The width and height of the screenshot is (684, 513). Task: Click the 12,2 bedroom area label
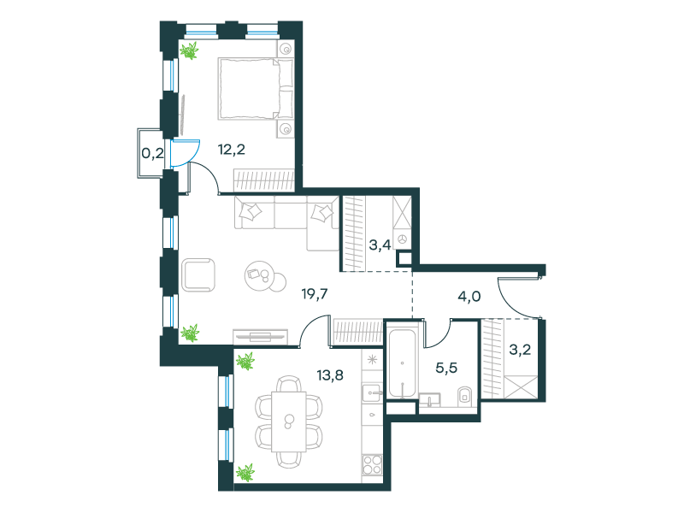[231, 150]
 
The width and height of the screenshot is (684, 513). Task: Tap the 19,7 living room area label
[315, 294]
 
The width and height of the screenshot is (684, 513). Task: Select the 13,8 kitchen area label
[330, 374]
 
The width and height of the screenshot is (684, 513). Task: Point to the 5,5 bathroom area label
[446, 368]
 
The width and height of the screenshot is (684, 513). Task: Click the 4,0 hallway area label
[469, 297]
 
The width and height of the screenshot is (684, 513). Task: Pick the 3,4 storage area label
[380, 245]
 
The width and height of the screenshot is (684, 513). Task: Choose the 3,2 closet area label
[520, 350]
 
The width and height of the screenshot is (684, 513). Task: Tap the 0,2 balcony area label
[153, 153]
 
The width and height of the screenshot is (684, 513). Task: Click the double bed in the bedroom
[256, 89]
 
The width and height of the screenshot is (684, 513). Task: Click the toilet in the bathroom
[463, 396]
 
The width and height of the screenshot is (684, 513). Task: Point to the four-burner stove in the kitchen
[372, 464]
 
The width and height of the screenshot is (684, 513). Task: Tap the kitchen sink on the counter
[372, 392]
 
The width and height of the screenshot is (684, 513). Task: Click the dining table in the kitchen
[288, 422]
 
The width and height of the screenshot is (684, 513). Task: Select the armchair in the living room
[198, 274]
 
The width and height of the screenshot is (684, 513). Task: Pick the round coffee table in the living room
[261, 276]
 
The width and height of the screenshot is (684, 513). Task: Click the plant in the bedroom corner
[189, 50]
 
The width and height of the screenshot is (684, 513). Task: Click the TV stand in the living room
[261, 336]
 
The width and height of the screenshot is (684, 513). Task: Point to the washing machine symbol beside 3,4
[402, 239]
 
